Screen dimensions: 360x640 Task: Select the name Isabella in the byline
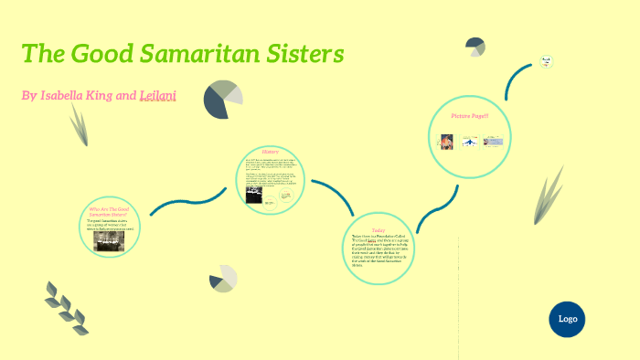pyautogui.click(x=71, y=95)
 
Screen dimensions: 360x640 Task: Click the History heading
pyautogui.click(x=270, y=151)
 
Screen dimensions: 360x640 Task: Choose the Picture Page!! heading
pyautogui.click(x=470, y=116)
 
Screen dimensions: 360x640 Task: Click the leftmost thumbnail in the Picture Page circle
pyautogui.click(x=447, y=142)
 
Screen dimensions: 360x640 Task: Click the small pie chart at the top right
pyautogui.click(x=475, y=47)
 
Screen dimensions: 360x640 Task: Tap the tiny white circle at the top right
pyautogui.click(x=546, y=62)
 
